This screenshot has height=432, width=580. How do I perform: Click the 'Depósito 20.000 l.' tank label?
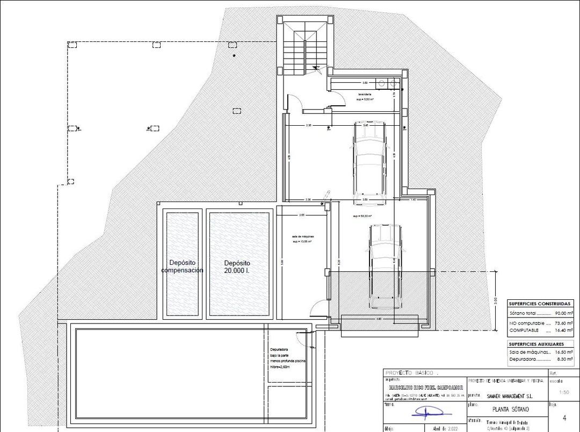coord(237,267)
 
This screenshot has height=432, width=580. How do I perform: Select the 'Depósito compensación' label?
coord(183,267)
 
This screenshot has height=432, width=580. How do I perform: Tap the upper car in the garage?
coord(369,159)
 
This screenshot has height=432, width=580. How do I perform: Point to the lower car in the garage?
coord(385,266)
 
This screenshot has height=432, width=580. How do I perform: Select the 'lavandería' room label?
coord(365,95)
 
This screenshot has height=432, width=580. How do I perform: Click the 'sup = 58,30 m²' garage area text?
coord(363,217)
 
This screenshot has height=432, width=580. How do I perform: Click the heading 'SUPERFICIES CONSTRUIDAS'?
coord(540,304)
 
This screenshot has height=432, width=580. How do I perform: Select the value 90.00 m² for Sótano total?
coord(563,313)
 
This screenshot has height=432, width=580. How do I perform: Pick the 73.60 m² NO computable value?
coord(563,323)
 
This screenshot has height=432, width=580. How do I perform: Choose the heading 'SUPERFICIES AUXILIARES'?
coord(536,344)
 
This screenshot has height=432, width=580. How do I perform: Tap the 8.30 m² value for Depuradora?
coord(564,359)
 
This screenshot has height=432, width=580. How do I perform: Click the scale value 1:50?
coord(564,392)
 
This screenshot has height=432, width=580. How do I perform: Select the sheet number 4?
coord(564,417)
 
